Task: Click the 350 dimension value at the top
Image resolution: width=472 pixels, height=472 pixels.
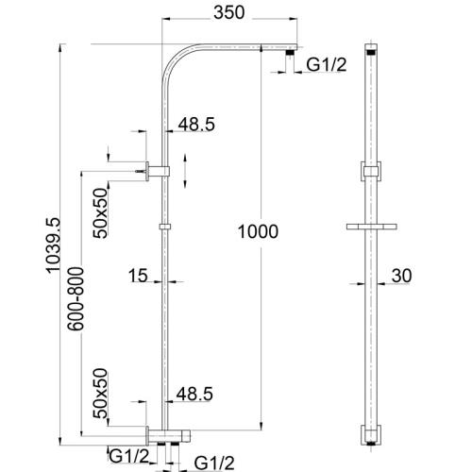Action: tap(228, 13)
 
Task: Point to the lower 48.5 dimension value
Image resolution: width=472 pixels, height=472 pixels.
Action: tap(194, 391)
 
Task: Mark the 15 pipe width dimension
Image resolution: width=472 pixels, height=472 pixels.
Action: tap(138, 276)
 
